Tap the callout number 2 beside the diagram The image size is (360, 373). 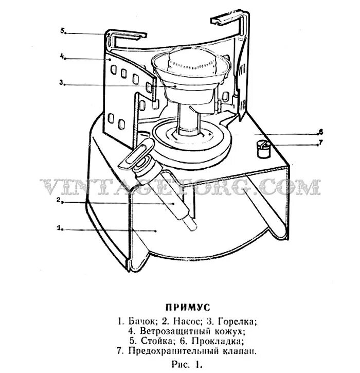pos(59,200)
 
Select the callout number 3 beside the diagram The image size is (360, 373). pos(61,82)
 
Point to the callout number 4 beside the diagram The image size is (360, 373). pos(61,58)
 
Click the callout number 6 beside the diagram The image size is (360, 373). pos(320,131)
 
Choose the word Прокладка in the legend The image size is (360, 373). pos(213,341)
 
